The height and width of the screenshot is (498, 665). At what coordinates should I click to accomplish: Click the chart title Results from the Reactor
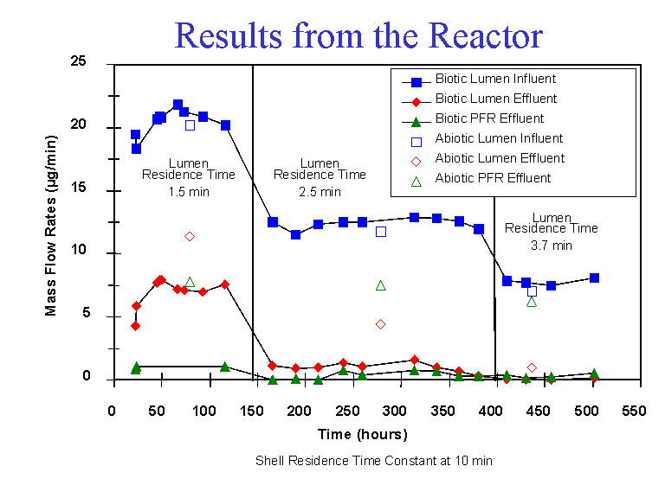tap(358, 35)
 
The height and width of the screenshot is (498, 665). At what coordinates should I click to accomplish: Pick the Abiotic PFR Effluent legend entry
tap(493, 179)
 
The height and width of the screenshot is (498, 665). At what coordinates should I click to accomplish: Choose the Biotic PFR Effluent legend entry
tap(489, 118)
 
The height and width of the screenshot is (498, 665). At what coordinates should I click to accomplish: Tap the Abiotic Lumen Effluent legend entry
tap(500, 158)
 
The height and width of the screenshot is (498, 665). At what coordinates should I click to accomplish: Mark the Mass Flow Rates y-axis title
tap(52, 221)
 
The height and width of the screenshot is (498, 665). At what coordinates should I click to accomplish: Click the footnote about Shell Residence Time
tap(374, 461)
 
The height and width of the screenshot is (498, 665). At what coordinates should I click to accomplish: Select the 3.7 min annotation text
tap(551, 246)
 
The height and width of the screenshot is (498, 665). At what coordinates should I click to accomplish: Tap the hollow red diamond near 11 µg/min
tap(189, 236)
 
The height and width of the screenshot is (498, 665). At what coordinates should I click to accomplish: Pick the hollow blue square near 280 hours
tap(380, 231)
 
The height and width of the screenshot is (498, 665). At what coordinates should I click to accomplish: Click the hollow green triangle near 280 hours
tap(380, 285)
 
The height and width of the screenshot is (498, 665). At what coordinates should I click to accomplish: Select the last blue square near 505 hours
tap(594, 278)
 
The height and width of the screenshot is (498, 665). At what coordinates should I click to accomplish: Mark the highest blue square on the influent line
tap(178, 105)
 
